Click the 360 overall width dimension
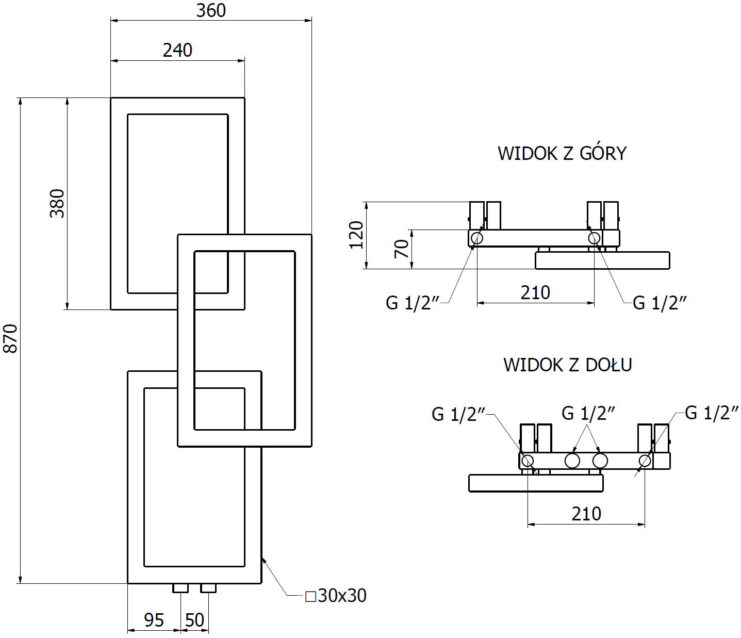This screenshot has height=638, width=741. pos(211,10)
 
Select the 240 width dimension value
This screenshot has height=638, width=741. pos(177,50)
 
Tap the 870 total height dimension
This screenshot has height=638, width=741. pos(10,338)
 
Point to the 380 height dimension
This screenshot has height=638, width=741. pos(57,203)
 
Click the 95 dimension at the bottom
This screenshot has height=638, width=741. pos(154,619)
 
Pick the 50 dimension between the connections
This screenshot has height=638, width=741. pos(194,619)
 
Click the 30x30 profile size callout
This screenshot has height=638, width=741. pos(336,596)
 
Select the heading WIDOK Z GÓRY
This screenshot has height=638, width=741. pos(562,153)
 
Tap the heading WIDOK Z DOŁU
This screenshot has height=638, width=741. pos(567,365)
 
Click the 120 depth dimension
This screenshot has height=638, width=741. pos(356,235)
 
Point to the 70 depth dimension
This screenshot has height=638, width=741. pos(402,249)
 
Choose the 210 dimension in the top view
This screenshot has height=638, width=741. pos(535,292)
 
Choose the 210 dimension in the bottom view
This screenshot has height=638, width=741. pos(586,514)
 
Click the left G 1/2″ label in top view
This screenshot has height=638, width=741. pos(413,303)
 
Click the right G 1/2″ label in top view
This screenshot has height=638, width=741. pos(660,303)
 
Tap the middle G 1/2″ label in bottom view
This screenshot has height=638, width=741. pos(588,413)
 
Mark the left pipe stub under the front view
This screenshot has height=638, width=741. pos(180,588)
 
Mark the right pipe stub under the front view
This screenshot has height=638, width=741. pos(208,588)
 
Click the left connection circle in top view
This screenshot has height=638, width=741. pos(477,238)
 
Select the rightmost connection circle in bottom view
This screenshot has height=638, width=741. pos(645,461)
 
